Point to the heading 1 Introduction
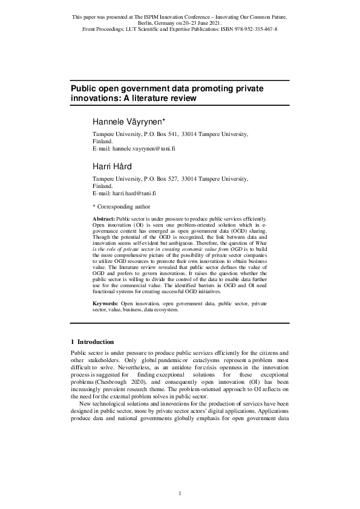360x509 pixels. [96, 342]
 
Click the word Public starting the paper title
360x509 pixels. [84, 88]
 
